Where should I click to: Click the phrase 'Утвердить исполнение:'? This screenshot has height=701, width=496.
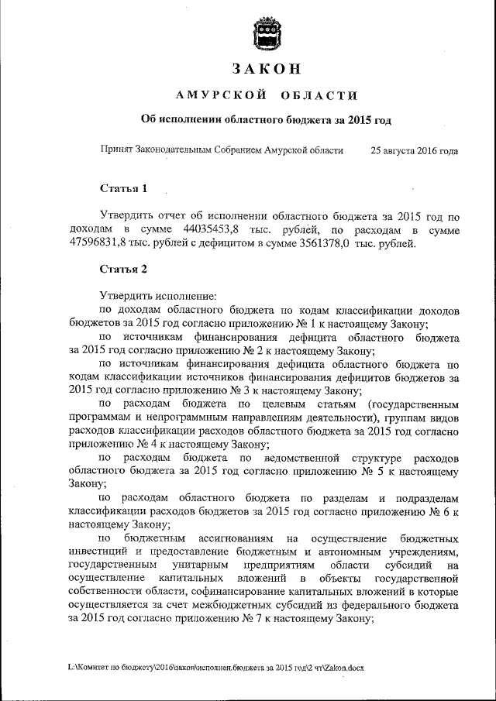click(159, 296)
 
